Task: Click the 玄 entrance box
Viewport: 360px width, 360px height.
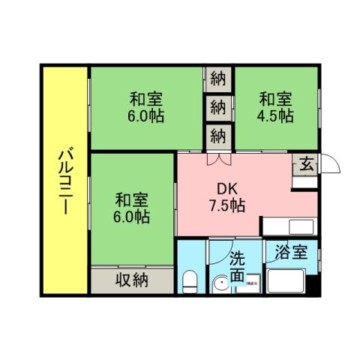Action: (307, 164)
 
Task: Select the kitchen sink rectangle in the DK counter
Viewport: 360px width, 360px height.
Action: (277, 226)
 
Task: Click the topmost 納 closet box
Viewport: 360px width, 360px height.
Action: (218, 78)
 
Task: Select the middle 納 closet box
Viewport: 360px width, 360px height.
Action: (218, 106)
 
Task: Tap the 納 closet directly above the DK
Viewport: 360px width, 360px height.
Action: (218, 136)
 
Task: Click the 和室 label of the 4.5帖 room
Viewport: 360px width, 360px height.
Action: (276, 99)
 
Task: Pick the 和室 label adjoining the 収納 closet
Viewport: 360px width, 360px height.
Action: (132, 200)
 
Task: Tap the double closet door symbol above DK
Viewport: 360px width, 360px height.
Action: (218, 159)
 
